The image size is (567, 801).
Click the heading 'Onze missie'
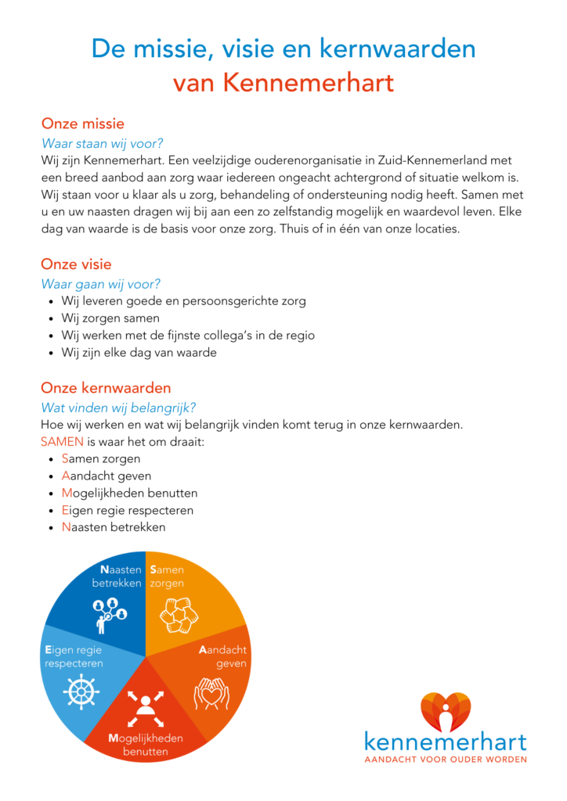click(x=82, y=124)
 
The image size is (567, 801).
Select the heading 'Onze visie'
click(x=77, y=264)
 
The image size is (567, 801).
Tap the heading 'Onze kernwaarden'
click(x=106, y=388)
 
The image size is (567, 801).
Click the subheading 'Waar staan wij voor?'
click(x=102, y=143)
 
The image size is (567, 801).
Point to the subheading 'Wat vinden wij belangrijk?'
click(x=118, y=408)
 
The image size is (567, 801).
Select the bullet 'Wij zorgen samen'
click(x=110, y=318)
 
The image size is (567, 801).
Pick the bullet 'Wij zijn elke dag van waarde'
click(x=139, y=353)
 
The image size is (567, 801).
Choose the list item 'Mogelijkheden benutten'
click(x=129, y=493)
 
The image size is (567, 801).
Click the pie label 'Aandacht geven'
click(x=223, y=657)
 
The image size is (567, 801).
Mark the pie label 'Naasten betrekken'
click(x=117, y=577)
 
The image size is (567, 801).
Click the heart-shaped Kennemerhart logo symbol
click(x=446, y=712)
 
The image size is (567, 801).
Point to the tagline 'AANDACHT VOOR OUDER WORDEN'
click(x=446, y=758)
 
